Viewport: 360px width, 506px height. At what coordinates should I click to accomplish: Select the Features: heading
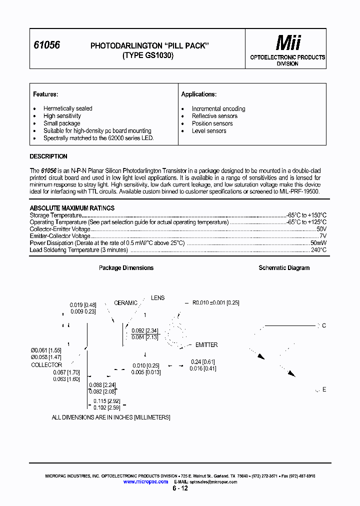pos(45,94)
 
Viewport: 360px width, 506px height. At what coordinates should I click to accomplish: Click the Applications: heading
pos(198,94)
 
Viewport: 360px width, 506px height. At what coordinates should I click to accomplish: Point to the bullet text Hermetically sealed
pos(67,108)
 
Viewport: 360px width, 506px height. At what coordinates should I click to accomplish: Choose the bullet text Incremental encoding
pos(218,108)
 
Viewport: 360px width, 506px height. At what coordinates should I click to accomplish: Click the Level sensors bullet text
pos(209,131)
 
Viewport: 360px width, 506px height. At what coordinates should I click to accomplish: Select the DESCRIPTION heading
pos(48,156)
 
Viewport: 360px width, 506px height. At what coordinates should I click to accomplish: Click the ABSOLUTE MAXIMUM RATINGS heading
pos(72,208)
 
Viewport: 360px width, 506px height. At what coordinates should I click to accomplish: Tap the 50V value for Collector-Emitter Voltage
pos(321,229)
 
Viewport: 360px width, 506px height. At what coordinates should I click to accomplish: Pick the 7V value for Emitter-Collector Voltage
pos(322,236)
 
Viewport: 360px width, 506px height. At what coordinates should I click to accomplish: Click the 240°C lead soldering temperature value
pos(318,250)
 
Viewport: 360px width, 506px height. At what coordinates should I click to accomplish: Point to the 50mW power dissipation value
pos(318,243)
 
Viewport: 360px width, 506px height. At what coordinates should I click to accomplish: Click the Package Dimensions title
pos(126,268)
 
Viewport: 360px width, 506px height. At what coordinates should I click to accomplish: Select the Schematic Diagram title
pos(284,268)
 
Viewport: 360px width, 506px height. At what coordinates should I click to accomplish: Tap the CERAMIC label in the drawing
pos(125,303)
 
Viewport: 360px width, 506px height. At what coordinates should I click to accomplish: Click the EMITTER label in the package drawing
pos(206,345)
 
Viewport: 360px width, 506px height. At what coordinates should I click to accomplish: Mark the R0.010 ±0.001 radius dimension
pos(216,303)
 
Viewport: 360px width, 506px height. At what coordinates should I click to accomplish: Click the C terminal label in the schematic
pos(324,326)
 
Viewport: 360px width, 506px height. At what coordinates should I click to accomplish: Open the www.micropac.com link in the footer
pos(145,481)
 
